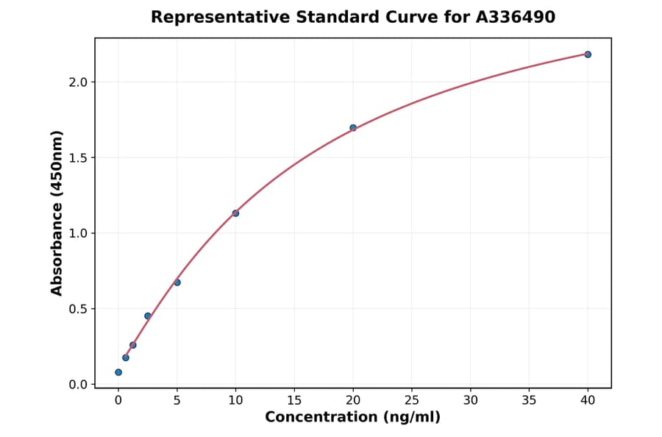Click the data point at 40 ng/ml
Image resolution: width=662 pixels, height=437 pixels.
pyautogui.click(x=588, y=54)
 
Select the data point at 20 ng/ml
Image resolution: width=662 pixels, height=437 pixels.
pyautogui.click(x=353, y=128)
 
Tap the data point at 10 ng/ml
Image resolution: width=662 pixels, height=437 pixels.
pyautogui.click(x=235, y=213)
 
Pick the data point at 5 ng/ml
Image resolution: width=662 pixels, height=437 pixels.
pyautogui.click(x=177, y=283)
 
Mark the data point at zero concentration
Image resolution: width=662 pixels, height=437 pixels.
pyautogui.click(x=118, y=372)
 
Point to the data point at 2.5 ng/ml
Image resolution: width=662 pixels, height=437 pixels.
pyautogui.click(x=148, y=316)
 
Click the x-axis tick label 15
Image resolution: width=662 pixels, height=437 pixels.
pyautogui.click(x=294, y=400)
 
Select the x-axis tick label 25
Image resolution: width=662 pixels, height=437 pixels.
pyautogui.click(x=412, y=400)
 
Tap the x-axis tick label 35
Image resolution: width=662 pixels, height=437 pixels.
pyautogui.click(x=529, y=400)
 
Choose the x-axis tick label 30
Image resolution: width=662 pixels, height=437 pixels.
pyautogui.click(x=470, y=400)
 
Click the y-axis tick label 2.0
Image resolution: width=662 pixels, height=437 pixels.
pyautogui.click(x=78, y=82)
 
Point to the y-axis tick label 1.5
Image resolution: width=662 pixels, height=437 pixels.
pyautogui.click(x=78, y=158)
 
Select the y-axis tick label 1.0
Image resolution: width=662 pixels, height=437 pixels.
pyautogui.click(x=78, y=233)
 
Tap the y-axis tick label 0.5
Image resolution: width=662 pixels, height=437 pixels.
pyautogui.click(x=78, y=309)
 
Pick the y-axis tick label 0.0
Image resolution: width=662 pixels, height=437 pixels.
pyautogui.click(x=78, y=385)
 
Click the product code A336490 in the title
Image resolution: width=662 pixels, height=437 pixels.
pyautogui.click(x=515, y=17)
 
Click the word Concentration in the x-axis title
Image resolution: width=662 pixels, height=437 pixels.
pyautogui.click(x=321, y=418)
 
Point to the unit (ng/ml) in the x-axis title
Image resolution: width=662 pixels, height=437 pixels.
pyautogui.click(x=411, y=418)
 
